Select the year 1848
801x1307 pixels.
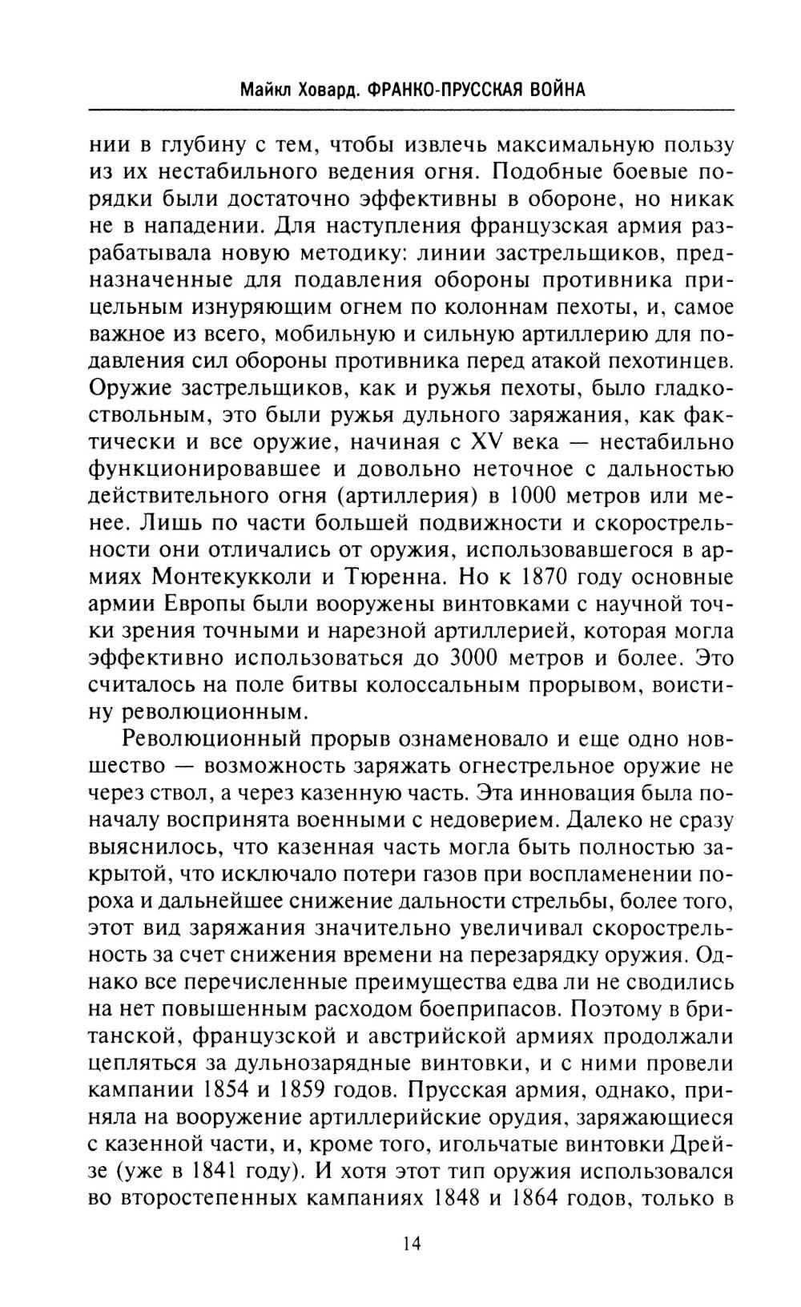(x=463, y=1198)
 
